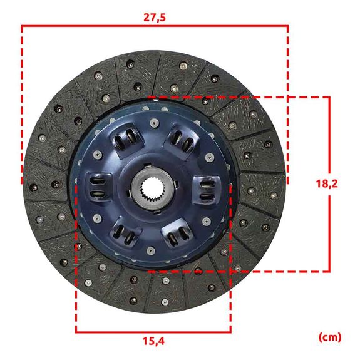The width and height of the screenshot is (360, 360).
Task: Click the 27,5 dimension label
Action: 155,18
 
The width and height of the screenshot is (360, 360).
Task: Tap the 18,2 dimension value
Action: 327,183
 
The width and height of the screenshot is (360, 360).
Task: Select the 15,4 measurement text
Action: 153,341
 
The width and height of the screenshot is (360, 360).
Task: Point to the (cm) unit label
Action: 330,337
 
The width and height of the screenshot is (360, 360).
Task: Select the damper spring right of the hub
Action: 207,190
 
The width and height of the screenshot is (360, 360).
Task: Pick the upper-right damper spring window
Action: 182,140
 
